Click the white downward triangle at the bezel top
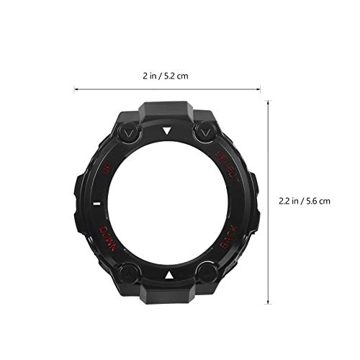(x=167, y=131)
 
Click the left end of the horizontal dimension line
(x=75, y=90)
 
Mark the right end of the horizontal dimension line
(x=260, y=90)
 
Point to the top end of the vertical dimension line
(x=270, y=101)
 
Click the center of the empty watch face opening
(x=167, y=203)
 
